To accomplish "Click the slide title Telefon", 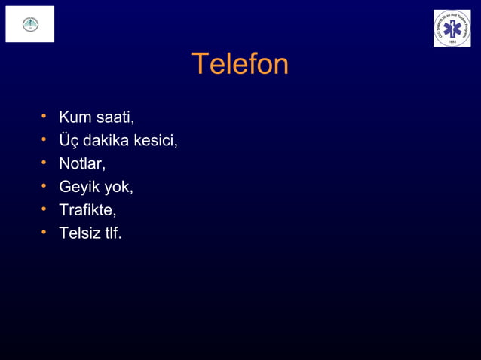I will point(240,65).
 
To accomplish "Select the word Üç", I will point(69,141).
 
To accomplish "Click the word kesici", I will point(155,141).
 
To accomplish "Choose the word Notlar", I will point(82,163).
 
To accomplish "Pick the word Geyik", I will point(79,187).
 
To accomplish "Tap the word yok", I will point(118,187).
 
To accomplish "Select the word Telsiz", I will point(80,233).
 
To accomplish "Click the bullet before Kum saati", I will point(44,117).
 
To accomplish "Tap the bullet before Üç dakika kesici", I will point(44,140).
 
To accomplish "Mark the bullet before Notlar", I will point(44,163).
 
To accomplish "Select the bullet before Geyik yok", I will point(44,186).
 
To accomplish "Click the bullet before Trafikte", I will point(44,209).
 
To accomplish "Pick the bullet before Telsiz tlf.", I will point(44,233).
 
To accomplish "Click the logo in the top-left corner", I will point(30,24).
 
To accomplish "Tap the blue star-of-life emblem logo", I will point(452,29).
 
